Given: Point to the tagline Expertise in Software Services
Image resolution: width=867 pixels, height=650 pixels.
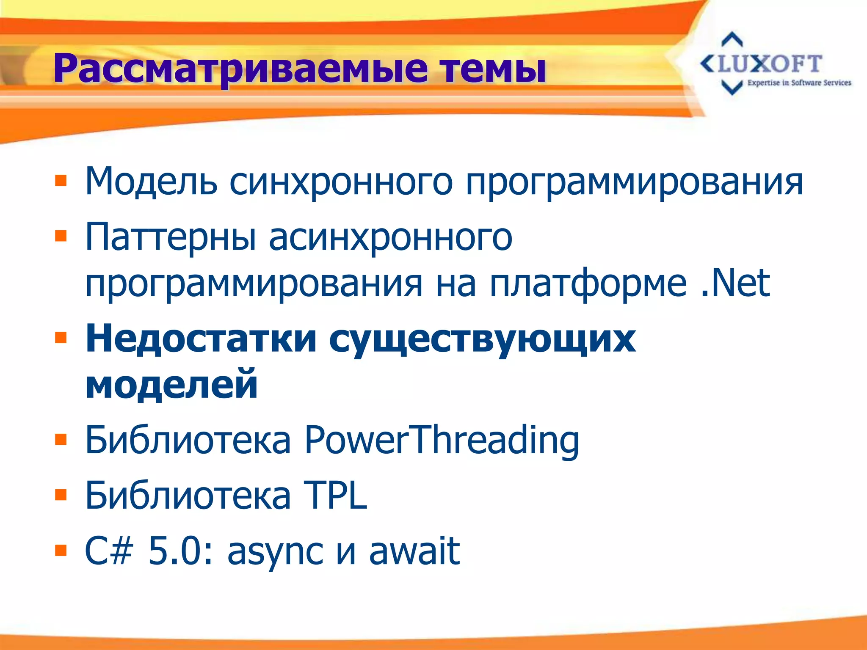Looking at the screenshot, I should [799, 83].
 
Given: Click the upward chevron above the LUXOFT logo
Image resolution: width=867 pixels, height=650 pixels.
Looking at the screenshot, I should [732, 40].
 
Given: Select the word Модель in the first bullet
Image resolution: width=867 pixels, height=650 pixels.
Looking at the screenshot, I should [151, 182].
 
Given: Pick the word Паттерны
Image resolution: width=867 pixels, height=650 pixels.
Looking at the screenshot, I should [171, 237].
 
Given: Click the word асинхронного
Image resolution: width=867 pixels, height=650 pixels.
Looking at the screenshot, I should [390, 238].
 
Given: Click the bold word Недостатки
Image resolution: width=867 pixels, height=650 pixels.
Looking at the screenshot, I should [201, 339].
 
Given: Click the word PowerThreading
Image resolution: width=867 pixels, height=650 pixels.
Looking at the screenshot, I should [442, 441].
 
